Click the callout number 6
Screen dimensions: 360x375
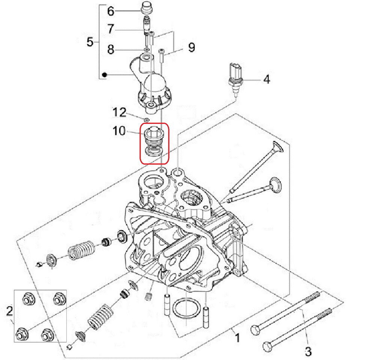tap(110, 11)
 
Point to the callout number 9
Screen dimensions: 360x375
tap(191, 47)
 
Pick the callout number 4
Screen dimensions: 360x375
tap(266, 79)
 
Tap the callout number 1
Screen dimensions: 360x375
tap(237, 338)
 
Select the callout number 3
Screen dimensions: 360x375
tap(308, 352)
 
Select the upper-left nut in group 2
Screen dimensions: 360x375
tap(27, 300)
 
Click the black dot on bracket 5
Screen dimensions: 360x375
tap(105, 75)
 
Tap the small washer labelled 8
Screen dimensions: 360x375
tap(147, 49)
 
